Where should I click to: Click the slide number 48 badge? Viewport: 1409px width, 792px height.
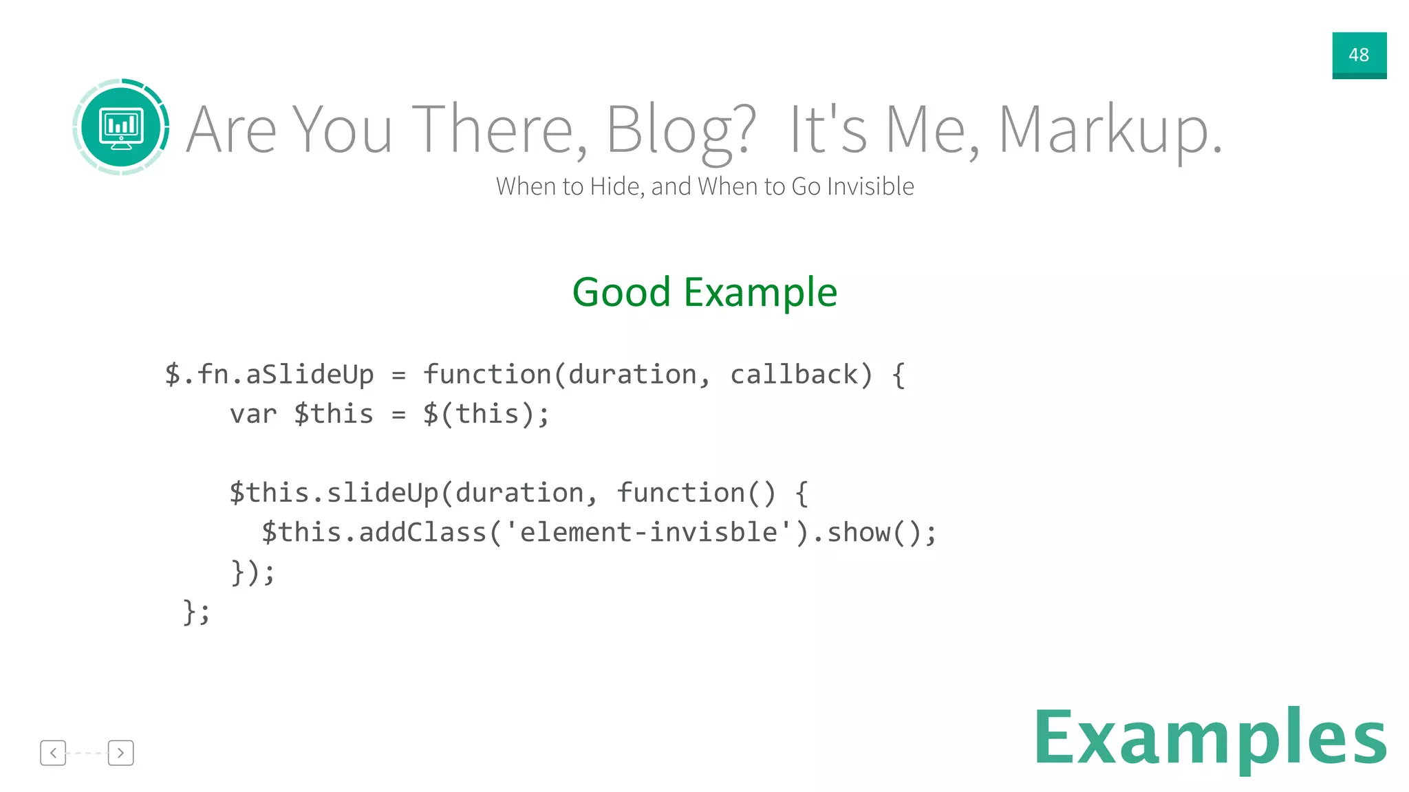(1359, 55)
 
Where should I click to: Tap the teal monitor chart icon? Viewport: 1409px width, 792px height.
(121, 127)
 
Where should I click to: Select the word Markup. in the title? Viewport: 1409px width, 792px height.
(1109, 131)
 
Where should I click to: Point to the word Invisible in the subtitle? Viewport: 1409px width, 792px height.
(870, 186)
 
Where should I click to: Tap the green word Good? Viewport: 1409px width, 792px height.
(621, 292)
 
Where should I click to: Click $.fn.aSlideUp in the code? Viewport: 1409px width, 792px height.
(269, 375)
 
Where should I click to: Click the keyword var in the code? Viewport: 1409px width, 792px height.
(253, 415)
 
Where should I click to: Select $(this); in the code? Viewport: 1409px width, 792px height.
(486, 415)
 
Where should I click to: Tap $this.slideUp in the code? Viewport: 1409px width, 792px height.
(333, 493)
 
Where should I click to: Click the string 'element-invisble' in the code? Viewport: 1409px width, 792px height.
(649, 533)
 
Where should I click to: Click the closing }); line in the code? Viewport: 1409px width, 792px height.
(252, 572)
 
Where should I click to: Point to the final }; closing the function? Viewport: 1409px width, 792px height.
(197, 612)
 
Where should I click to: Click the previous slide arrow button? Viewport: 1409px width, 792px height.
(53, 753)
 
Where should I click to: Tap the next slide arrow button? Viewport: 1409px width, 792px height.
(120, 753)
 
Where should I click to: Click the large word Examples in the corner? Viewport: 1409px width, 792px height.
(1210, 738)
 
